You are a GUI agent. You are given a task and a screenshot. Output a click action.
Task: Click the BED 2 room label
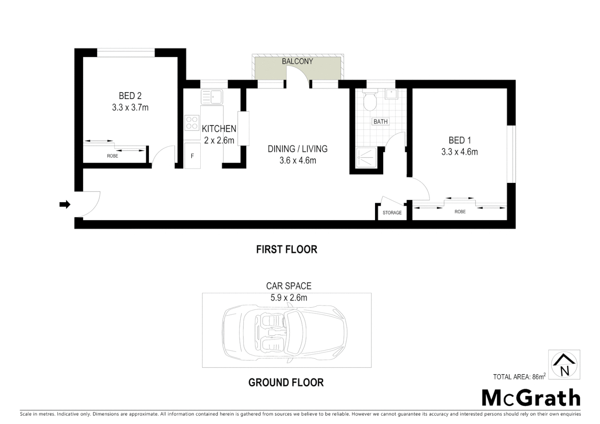pos(130,96)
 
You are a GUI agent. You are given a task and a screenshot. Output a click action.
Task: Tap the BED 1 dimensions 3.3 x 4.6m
pos(459,152)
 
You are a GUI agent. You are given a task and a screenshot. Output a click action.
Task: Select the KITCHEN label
pos(219,129)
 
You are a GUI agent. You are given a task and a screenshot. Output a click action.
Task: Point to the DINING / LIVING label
pos(297,149)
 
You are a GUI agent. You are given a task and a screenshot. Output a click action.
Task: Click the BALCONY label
pos(297,61)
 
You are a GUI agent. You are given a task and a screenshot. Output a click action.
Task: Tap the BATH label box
pos(380,122)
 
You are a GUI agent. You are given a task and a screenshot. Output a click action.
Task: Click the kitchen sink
pos(212,97)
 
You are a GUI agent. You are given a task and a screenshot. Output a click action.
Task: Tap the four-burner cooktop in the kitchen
pos(192,122)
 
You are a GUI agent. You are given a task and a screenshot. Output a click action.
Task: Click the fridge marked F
pos(192,156)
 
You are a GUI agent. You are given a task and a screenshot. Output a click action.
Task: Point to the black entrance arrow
pos(64,204)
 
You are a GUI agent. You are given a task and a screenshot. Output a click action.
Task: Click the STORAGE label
pos(392,213)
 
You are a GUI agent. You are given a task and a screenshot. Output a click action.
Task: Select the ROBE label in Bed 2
pos(112,156)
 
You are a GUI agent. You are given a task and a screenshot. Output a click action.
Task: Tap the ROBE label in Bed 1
pos(460,212)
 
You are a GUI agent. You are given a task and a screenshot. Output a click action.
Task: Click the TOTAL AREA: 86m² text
pos(519,377)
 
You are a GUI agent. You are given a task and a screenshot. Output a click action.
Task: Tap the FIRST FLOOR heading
pos(286,249)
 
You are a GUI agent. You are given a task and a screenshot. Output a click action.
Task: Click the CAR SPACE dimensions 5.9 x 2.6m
pos(289,298)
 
